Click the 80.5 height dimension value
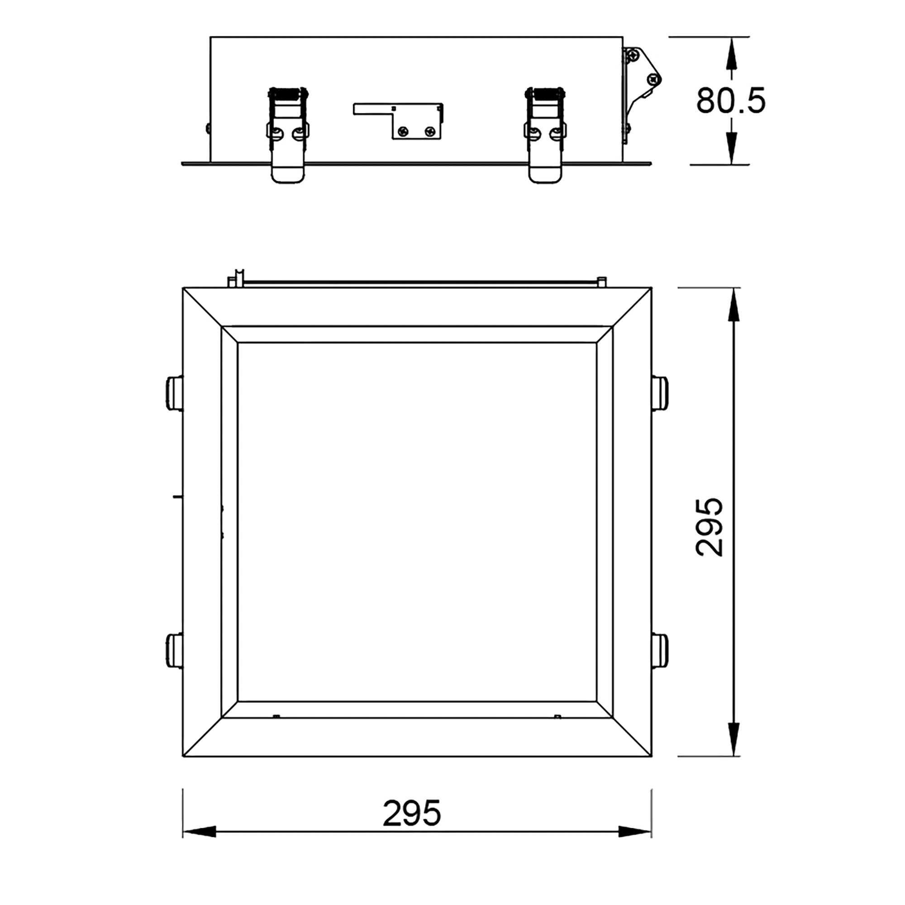730,100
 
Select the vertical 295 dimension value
709,527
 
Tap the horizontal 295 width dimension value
412,813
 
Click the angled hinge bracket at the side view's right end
642,94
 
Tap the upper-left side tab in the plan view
175,392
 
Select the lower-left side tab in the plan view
175,651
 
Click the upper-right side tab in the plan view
660,392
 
